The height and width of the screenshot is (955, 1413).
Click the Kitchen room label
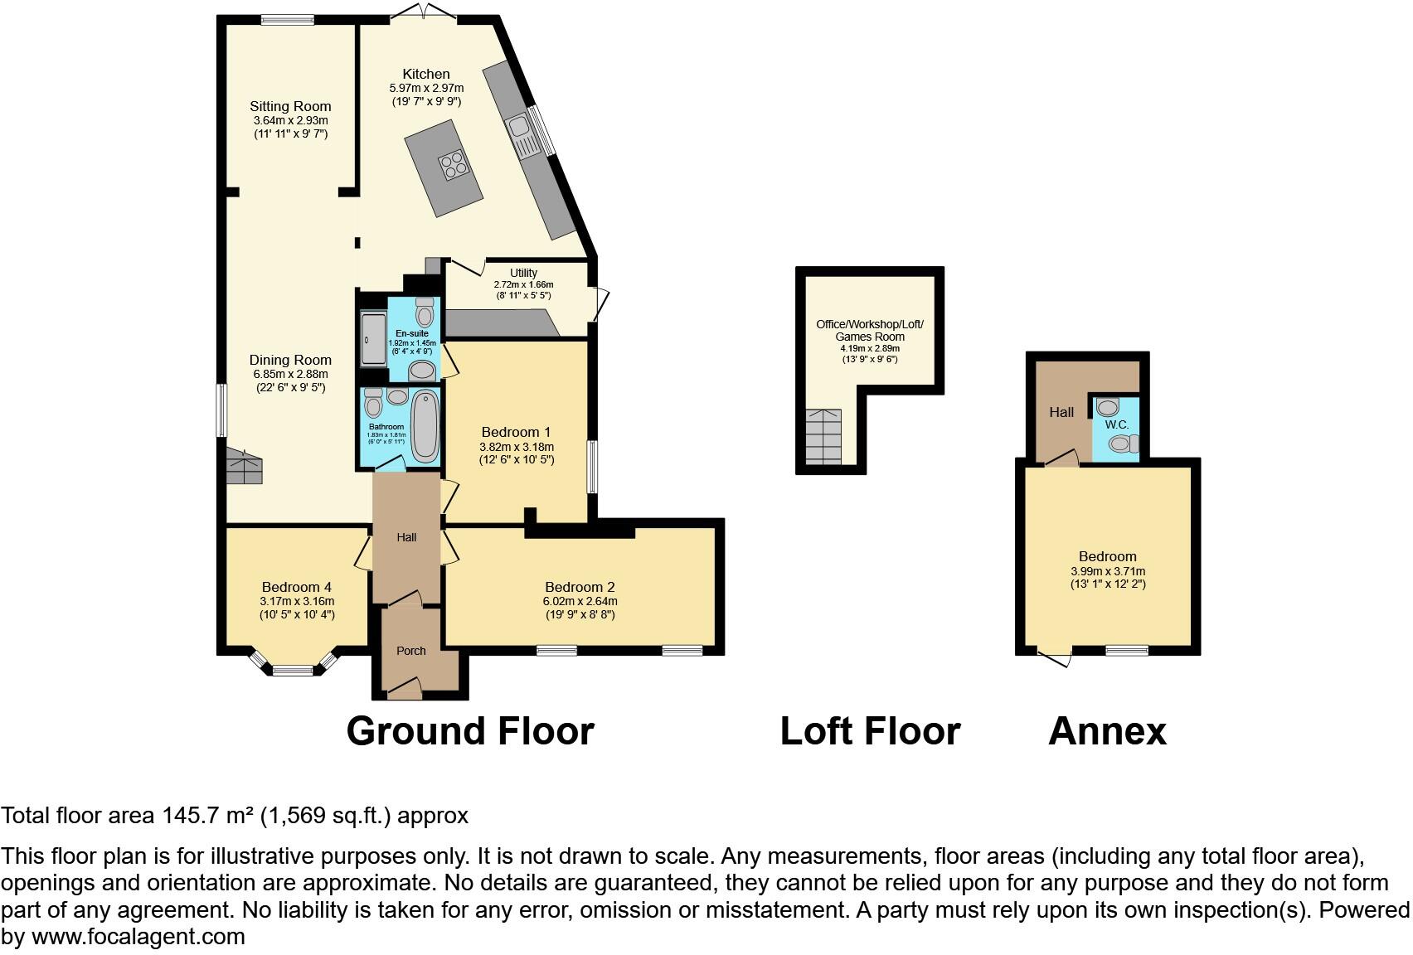[426, 74]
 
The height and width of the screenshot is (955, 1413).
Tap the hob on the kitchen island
[455, 166]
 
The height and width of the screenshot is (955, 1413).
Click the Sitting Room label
[290, 106]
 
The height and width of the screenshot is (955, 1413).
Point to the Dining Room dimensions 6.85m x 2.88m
[290, 374]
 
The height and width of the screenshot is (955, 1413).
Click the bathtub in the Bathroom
[425, 425]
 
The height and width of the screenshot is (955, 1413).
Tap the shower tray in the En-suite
[373, 340]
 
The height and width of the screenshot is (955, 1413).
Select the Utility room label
[523, 273]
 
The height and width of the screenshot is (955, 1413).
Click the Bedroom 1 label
[516, 432]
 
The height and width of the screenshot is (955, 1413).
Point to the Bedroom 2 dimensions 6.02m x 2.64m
[580, 601]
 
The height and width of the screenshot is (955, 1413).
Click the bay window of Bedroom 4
[294, 668]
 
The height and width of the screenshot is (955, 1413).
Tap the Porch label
[410, 651]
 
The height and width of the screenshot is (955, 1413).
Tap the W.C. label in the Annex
[1117, 424]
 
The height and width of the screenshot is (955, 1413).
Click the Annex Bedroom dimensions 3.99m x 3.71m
[1107, 571]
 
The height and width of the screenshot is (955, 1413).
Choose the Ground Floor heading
[469, 731]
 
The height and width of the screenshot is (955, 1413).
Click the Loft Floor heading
[870, 731]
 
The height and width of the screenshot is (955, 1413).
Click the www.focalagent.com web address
[138, 937]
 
